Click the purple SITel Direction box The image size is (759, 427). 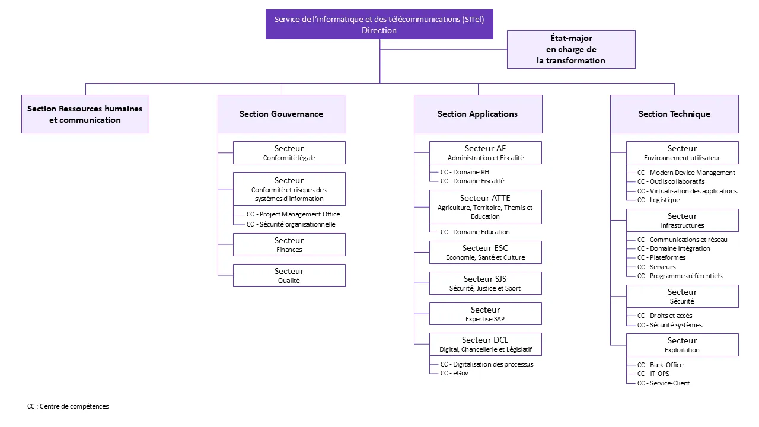coord(379,24)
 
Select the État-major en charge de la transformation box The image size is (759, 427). coord(571,49)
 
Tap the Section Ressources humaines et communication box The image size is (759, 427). coord(85,114)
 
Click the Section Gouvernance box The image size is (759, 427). coord(282,114)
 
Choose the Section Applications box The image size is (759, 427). coord(478,114)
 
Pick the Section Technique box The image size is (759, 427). coord(674,114)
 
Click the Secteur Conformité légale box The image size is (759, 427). coord(289,152)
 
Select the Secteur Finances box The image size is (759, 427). coord(289,244)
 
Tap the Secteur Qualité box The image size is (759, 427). coord(289,275)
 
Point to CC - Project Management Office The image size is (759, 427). coord(294,214)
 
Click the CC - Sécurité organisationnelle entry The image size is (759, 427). coord(291,224)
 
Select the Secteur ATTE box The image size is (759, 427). coord(485,206)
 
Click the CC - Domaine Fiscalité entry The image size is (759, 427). coord(472,181)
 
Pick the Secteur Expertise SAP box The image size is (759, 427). coord(485,314)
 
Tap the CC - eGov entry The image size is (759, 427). coord(454,373)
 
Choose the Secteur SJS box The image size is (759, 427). coord(485,283)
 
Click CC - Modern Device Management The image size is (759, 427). coord(686,173)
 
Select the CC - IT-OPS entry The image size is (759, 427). coord(653,374)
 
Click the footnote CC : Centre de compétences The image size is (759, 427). coord(68,406)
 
